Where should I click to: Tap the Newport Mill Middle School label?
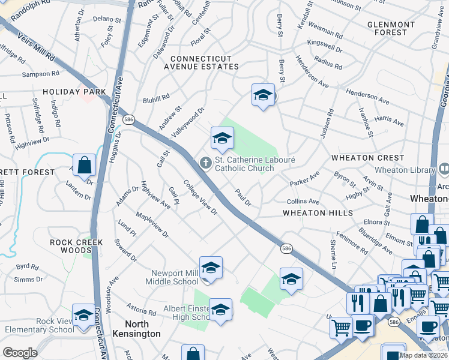174,277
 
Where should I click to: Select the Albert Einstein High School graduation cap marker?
221,310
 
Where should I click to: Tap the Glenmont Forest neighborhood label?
391,28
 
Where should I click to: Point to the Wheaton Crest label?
361,158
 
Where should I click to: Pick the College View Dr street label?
200,199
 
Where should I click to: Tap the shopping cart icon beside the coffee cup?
341,327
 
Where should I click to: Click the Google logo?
20,353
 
